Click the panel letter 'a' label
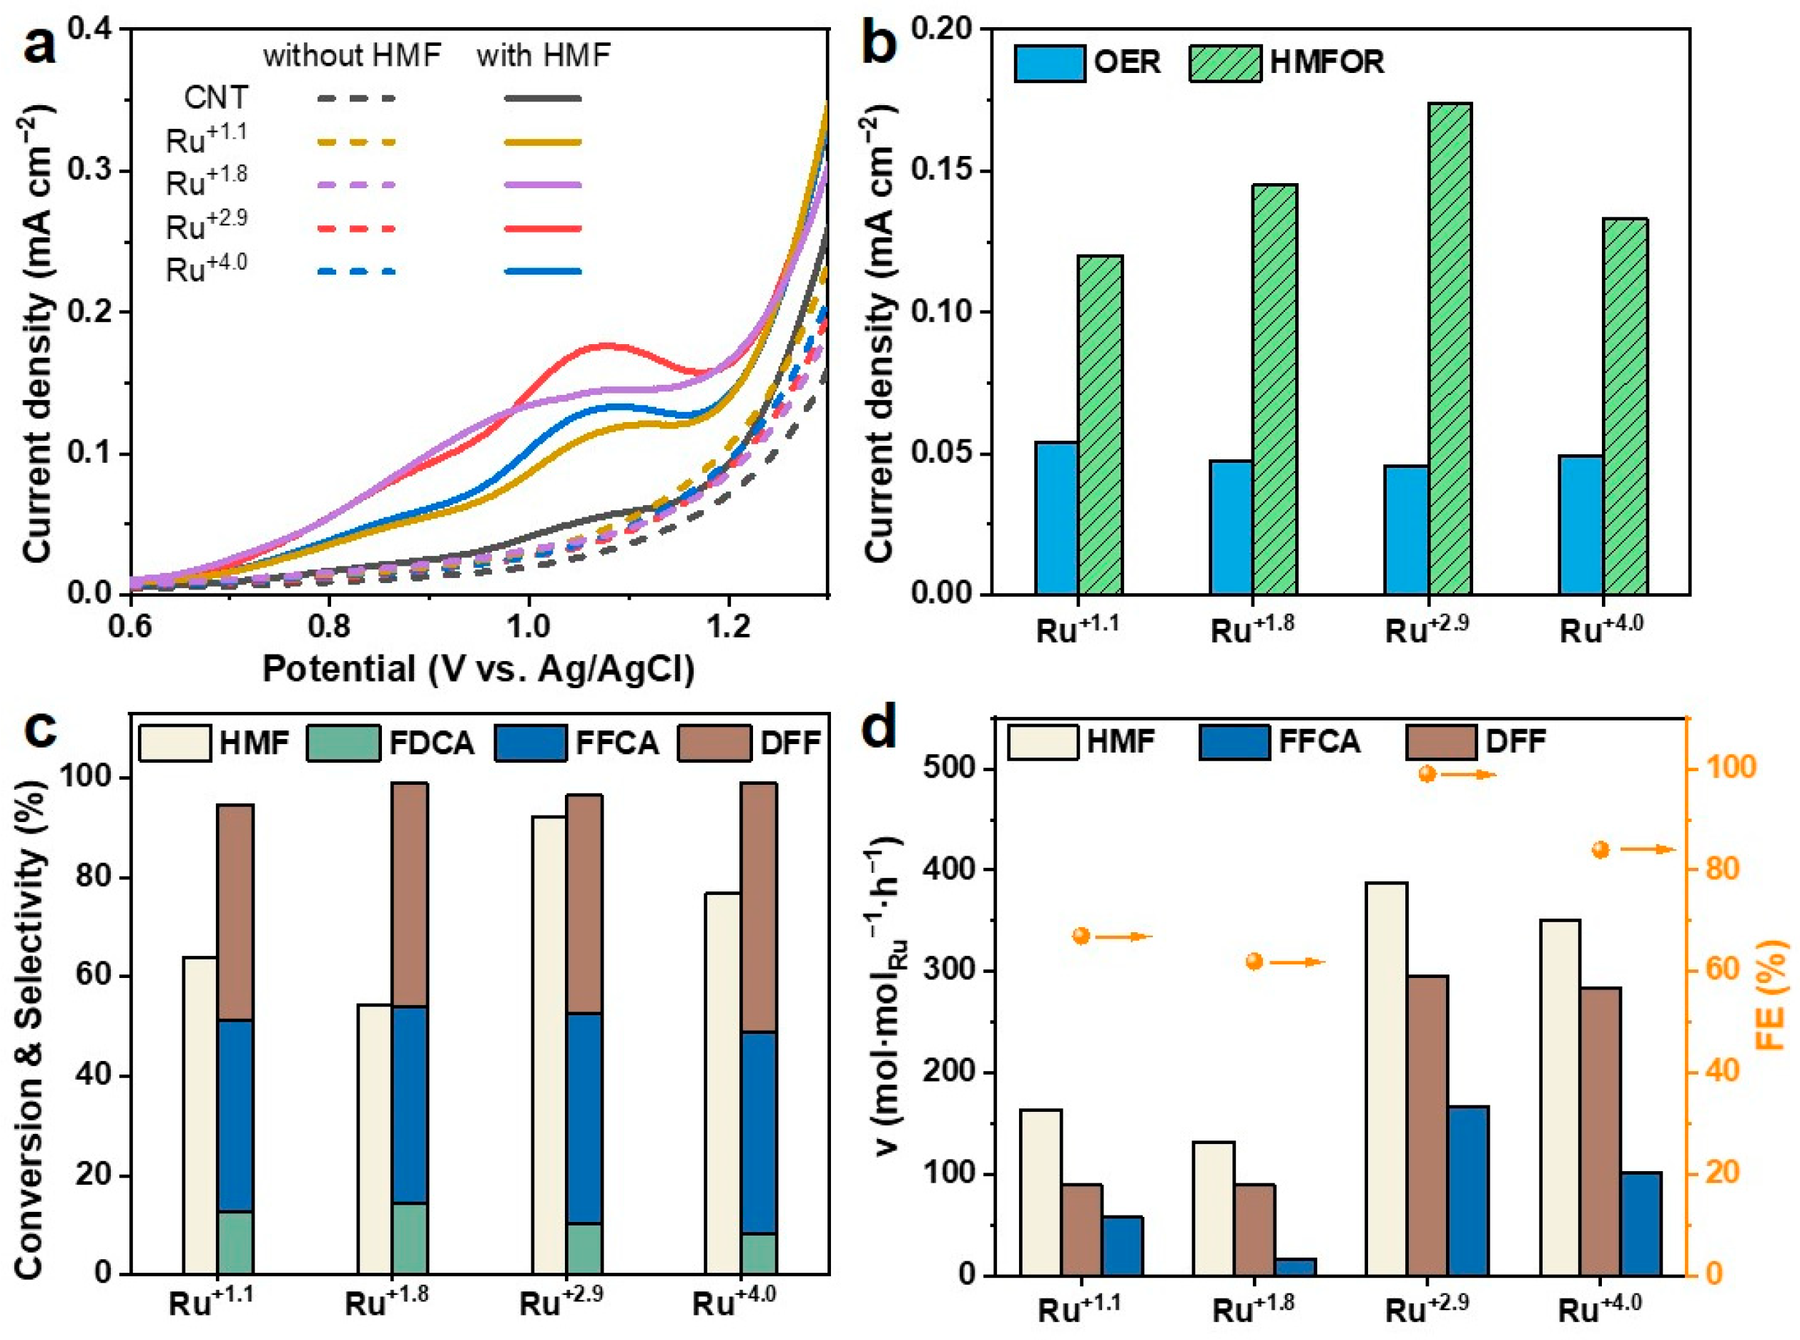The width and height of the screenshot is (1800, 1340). (x=41, y=44)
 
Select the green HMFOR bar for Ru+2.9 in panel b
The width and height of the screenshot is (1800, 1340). (x=1450, y=349)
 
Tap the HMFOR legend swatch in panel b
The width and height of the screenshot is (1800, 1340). (x=1224, y=63)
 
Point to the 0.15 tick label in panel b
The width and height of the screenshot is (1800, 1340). (x=945, y=171)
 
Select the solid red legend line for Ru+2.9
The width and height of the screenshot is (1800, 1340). (x=543, y=229)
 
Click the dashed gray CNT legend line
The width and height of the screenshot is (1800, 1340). (x=356, y=99)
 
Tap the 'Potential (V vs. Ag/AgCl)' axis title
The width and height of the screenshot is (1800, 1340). (x=478, y=670)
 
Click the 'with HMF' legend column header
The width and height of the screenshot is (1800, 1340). (x=544, y=55)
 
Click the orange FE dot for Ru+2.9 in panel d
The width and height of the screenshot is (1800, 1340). (x=1428, y=774)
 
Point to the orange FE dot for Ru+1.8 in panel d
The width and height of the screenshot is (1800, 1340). (x=1254, y=962)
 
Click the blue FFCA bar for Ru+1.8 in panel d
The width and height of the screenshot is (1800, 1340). (x=1295, y=1266)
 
